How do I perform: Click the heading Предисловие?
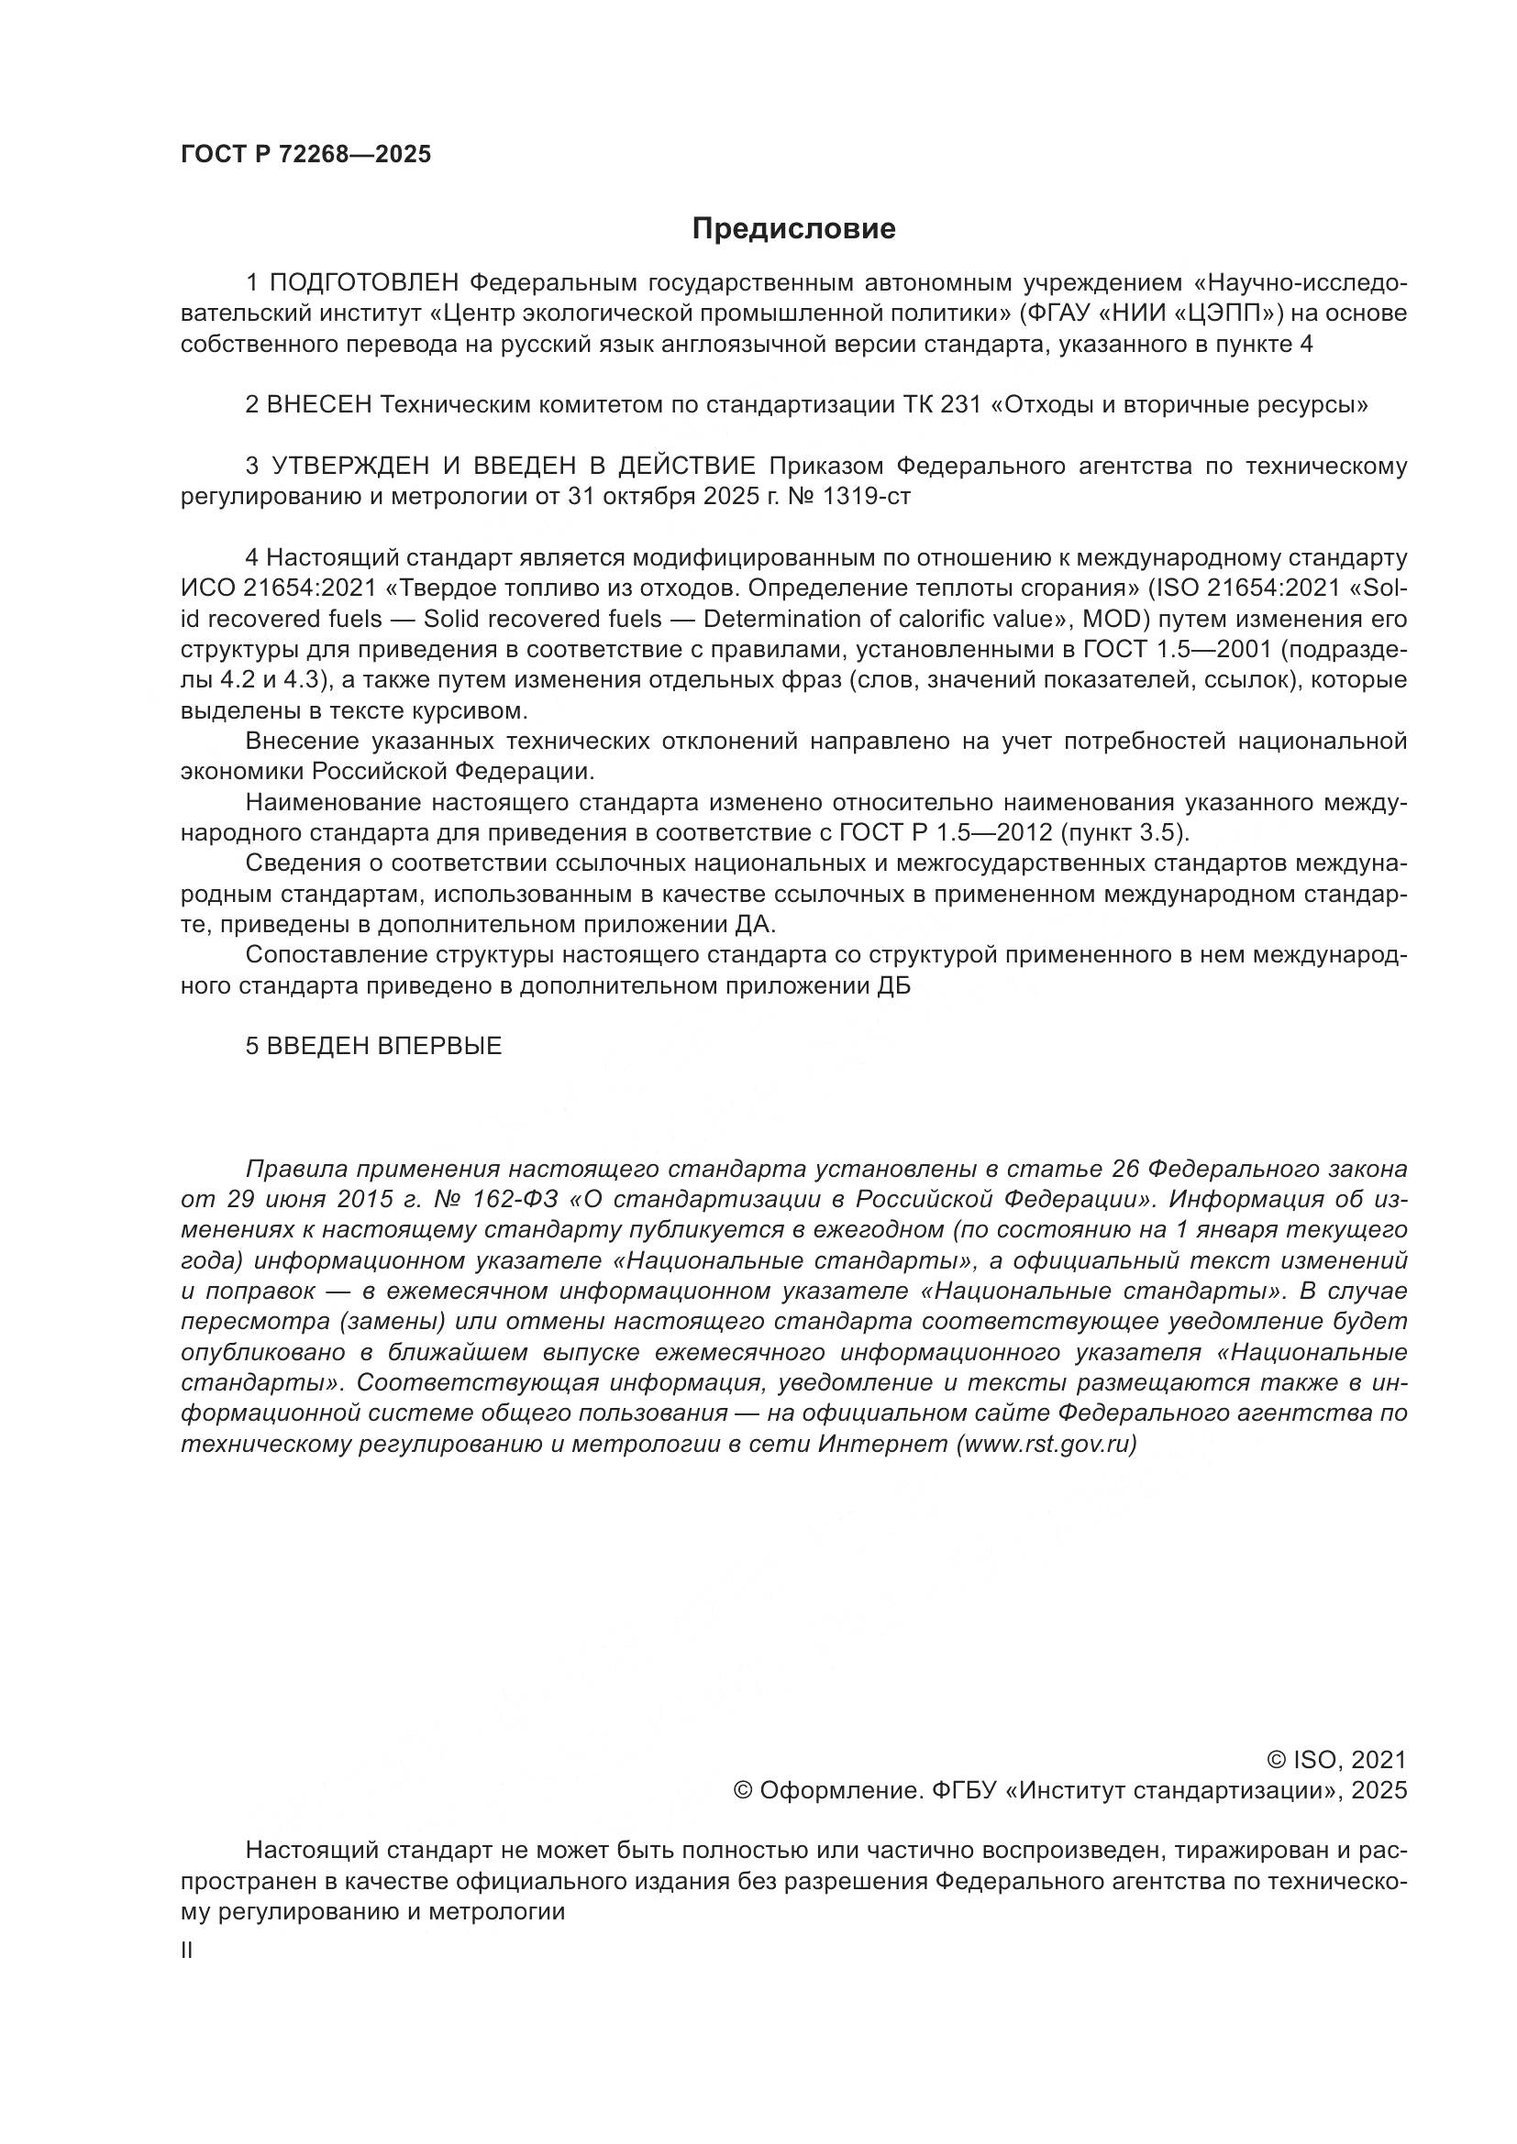(x=793, y=229)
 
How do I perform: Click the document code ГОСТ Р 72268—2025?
(x=305, y=154)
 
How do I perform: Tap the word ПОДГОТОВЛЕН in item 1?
(x=363, y=282)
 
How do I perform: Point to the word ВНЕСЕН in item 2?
(x=319, y=404)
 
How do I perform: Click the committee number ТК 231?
(x=943, y=404)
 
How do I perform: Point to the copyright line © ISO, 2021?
(x=1335, y=1760)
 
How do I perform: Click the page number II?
(x=187, y=1951)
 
